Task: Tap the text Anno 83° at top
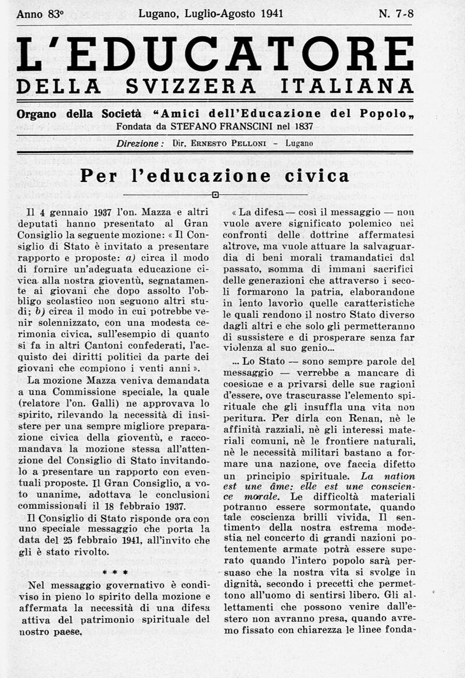coord(40,15)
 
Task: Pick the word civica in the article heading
coord(314,175)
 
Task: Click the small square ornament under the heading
coord(215,195)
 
